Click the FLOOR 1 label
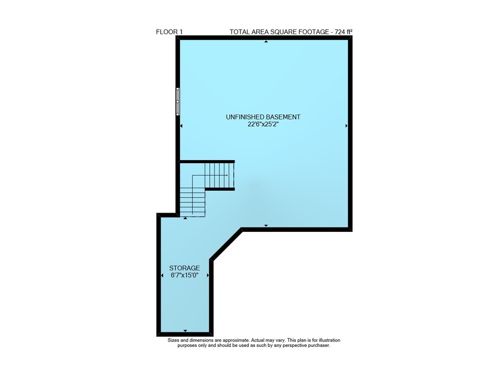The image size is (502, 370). coord(169,32)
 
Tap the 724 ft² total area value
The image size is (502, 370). coord(343,32)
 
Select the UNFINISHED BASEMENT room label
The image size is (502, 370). coord(263,117)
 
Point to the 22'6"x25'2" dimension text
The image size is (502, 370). coord(263,125)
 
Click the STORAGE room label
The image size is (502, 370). coord(184,268)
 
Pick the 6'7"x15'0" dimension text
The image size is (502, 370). coord(185,275)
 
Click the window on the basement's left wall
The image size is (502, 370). coord(178,101)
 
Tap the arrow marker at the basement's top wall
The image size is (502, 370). coord(266,42)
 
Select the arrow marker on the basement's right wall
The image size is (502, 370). coord(346,126)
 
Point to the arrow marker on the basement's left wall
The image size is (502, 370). coord(181,126)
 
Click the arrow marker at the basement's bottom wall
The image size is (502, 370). coord(266,225)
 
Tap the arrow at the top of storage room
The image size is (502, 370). coord(185,218)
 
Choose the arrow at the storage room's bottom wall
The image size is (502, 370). coord(185,331)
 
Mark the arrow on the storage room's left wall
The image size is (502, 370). coord(162,275)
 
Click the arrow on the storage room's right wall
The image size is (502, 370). coord(208,275)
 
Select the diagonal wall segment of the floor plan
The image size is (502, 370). coord(226,244)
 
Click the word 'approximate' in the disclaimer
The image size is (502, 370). coord(235,340)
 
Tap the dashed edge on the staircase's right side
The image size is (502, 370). coord(234,176)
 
